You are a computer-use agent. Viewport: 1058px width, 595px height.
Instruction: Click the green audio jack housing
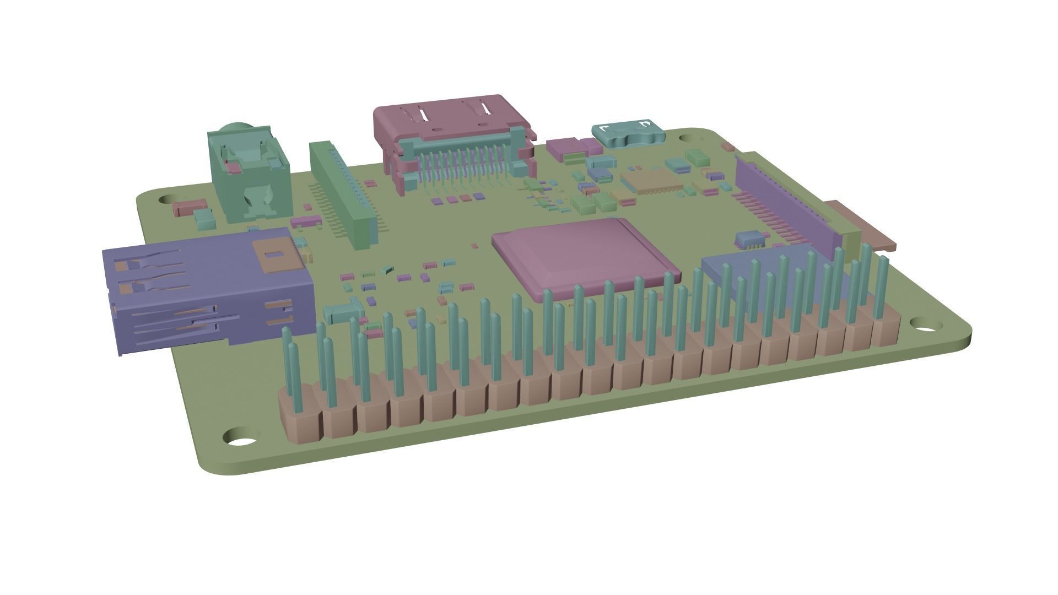(x=248, y=176)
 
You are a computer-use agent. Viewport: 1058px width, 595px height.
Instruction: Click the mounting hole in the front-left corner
(x=241, y=440)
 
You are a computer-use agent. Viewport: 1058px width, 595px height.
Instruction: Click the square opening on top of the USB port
(x=273, y=255)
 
